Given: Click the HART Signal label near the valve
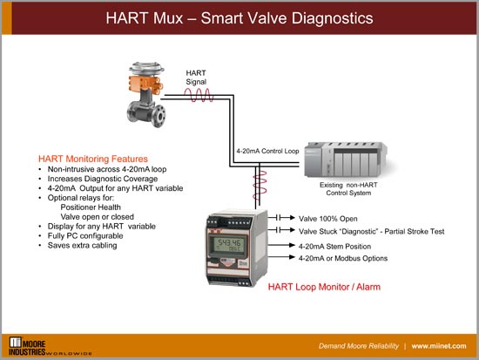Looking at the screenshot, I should [196, 78].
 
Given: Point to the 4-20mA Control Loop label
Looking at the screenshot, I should [266, 150].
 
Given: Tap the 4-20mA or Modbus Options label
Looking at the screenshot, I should [343, 258].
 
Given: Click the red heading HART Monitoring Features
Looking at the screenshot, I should [96, 159].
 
